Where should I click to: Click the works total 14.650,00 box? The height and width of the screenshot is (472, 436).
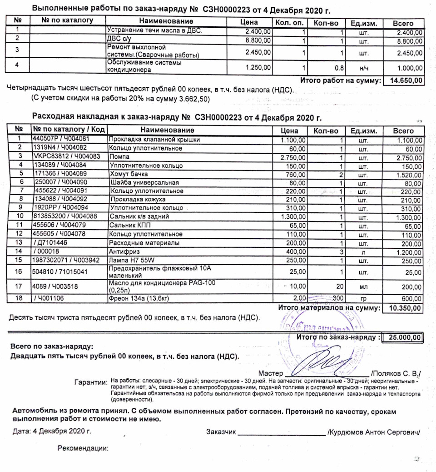[404, 81]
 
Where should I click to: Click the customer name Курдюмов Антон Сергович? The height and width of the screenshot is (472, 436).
[374, 432]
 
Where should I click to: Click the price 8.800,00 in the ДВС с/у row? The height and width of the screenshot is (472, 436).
[258, 40]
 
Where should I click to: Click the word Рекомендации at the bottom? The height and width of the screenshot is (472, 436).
[83, 448]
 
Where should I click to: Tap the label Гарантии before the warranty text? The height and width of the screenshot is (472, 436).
[90, 382]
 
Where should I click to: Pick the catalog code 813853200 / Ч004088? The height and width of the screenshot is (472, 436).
[64, 216]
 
